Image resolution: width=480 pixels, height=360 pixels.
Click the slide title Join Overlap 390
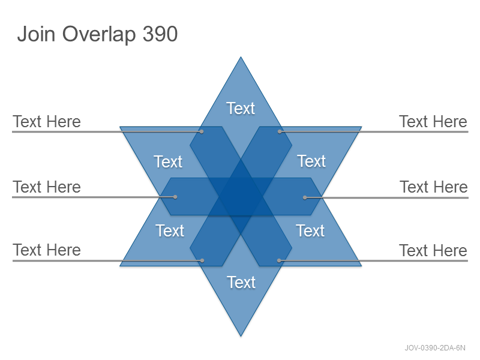point(97,34)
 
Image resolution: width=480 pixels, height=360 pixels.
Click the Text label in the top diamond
point(241,109)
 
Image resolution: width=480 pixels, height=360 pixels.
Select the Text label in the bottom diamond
point(241,282)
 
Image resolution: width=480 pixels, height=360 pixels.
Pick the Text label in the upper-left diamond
point(168,161)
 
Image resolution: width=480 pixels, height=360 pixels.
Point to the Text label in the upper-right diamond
point(311,161)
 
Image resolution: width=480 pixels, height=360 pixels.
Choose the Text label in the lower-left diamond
point(170,230)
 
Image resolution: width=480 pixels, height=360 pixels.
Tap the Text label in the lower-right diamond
point(310,230)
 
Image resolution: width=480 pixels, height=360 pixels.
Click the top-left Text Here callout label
point(47,122)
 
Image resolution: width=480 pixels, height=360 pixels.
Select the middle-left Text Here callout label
point(47,187)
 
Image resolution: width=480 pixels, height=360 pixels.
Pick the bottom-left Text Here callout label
point(47,250)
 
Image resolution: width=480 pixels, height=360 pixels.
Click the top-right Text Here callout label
point(433,122)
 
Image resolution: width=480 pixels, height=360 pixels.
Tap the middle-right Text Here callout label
point(434,187)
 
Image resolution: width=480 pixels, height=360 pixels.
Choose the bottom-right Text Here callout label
point(433,251)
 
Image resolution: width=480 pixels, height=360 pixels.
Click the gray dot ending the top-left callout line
point(202,131)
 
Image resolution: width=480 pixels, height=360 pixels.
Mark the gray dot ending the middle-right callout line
point(305,198)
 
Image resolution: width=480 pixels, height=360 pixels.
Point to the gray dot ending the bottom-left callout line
point(202,260)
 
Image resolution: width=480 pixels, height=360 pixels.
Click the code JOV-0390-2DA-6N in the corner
point(435,348)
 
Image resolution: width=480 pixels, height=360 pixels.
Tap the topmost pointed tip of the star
point(241,57)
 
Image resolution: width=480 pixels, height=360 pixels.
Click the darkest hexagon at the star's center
point(241,197)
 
